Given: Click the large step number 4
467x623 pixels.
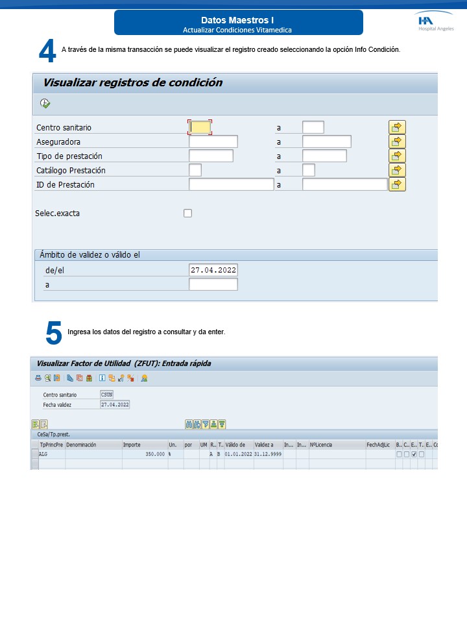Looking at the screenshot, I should (x=47, y=51).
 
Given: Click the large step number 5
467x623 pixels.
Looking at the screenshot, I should (x=53, y=333).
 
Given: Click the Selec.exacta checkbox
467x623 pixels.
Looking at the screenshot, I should (x=188, y=213).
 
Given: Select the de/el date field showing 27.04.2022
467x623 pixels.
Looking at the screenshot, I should (x=213, y=270).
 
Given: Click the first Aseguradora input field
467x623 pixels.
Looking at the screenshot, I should (x=213, y=141).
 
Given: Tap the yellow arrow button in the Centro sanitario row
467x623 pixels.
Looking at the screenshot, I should (x=397, y=127).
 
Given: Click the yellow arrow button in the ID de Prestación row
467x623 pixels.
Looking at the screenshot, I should (x=397, y=184).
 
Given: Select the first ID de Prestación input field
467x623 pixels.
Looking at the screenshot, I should (x=231, y=184).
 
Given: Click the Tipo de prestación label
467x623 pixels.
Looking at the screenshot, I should (x=69, y=156).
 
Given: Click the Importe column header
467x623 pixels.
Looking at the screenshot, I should (x=132, y=445).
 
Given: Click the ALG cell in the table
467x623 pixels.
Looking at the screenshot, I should (x=43, y=454).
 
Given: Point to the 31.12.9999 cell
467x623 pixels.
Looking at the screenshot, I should (x=267, y=454).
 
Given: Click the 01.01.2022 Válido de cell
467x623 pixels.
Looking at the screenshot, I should (x=239, y=454).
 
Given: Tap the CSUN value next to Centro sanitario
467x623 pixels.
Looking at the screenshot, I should (x=106, y=395).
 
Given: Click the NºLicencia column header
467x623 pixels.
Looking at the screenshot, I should (x=322, y=445).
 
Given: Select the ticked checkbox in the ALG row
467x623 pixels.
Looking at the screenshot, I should (x=414, y=454).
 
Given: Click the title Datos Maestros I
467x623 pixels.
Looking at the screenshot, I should (x=237, y=20).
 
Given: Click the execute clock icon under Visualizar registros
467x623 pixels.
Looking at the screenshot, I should (x=45, y=103).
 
